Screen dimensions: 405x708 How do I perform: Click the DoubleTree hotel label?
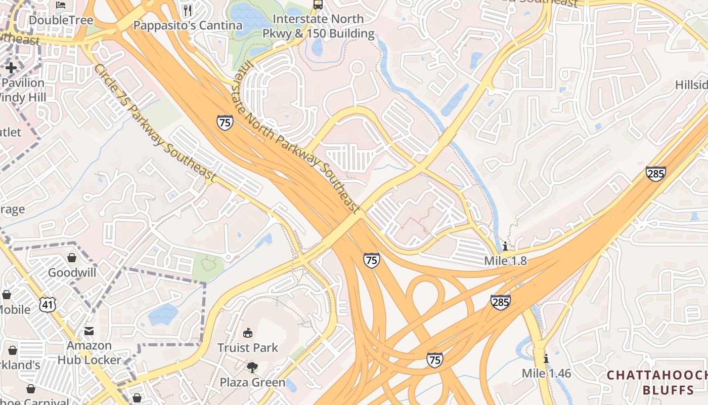61,20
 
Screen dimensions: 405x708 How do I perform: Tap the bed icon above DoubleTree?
61,6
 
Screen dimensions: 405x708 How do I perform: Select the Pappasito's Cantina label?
188,25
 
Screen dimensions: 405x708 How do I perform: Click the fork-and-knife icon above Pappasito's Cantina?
188,10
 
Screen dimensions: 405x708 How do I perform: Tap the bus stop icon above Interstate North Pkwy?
318,5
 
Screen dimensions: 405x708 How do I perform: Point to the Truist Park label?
248,348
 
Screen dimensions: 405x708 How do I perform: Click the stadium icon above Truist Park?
248,333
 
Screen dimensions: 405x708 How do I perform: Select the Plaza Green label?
252,382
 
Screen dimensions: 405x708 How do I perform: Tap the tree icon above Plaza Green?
252,367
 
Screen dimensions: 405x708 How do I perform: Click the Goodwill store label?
72,273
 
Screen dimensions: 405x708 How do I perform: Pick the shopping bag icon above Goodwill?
72,258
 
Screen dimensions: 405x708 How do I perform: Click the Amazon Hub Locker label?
89,353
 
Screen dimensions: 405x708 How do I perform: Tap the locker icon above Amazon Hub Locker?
89,331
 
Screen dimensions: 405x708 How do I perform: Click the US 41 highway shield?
48,304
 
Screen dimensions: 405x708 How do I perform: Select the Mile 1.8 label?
505,261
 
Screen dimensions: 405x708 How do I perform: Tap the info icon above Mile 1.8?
505,247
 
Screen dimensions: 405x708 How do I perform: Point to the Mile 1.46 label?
546,374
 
